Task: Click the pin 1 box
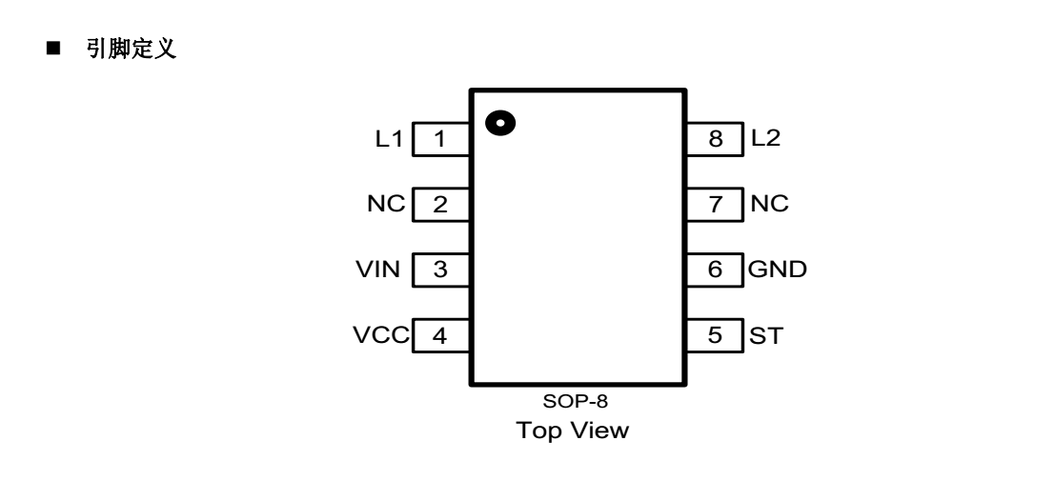(440, 139)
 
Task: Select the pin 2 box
(440, 204)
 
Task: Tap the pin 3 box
(440, 270)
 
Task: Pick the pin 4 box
(440, 335)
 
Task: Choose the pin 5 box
(714, 335)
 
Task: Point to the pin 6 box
(714, 270)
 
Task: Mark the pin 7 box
(714, 204)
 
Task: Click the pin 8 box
(714, 139)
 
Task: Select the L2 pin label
(765, 139)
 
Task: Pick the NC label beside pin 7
(769, 204)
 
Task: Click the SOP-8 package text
(574, 401)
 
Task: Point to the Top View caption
(573, 431)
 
